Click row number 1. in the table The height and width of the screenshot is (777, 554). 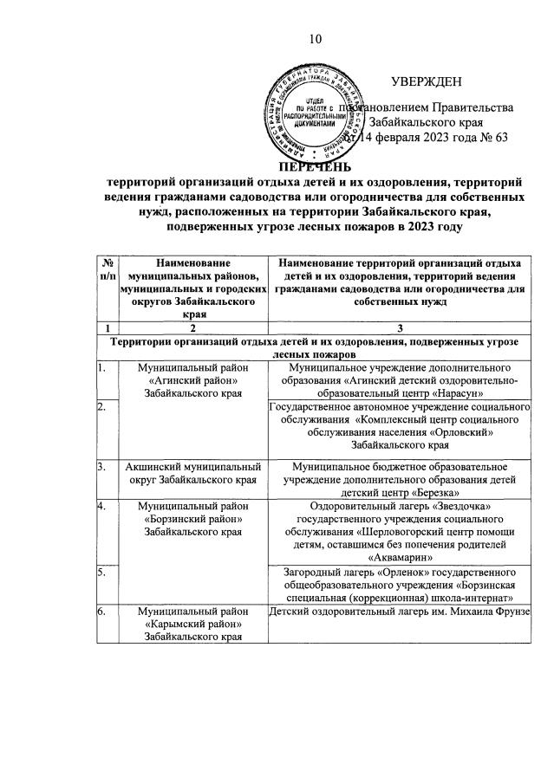[x=102, y=367]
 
